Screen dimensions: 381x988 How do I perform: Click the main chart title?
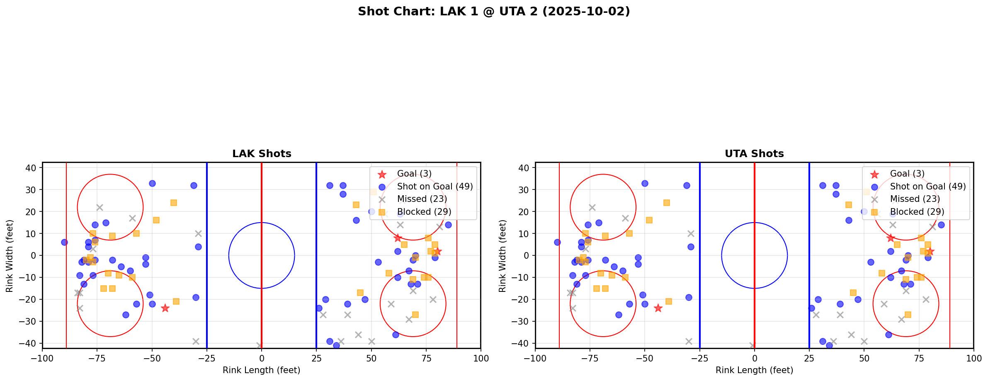pos(494,12)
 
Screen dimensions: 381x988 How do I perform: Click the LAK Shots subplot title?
pos(262,154)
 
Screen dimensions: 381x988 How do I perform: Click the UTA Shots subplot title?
pos(754,154)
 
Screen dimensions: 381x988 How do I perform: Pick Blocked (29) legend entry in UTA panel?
pos(917,212)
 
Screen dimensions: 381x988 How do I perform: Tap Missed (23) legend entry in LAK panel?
pos(422,199)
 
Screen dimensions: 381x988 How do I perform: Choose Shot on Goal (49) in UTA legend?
pos(927,187)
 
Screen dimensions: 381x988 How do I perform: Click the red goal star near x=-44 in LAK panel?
pos(165,308)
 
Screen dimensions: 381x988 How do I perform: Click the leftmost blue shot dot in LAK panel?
pos(64,242)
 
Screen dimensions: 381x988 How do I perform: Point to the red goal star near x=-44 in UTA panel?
pos(658,308)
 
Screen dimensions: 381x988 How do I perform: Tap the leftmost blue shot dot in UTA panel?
pos(557,242)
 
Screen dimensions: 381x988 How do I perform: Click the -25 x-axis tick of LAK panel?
pos(207,358)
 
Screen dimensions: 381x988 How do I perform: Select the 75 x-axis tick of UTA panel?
pos(919,358)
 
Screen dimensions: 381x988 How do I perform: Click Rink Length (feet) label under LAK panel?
pos(262,370)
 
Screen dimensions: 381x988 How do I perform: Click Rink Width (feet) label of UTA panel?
pos(502,255)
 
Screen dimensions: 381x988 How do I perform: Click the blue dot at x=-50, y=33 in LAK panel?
pos(152,183)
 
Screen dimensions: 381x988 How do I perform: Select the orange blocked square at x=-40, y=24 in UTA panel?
pos(667,203)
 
